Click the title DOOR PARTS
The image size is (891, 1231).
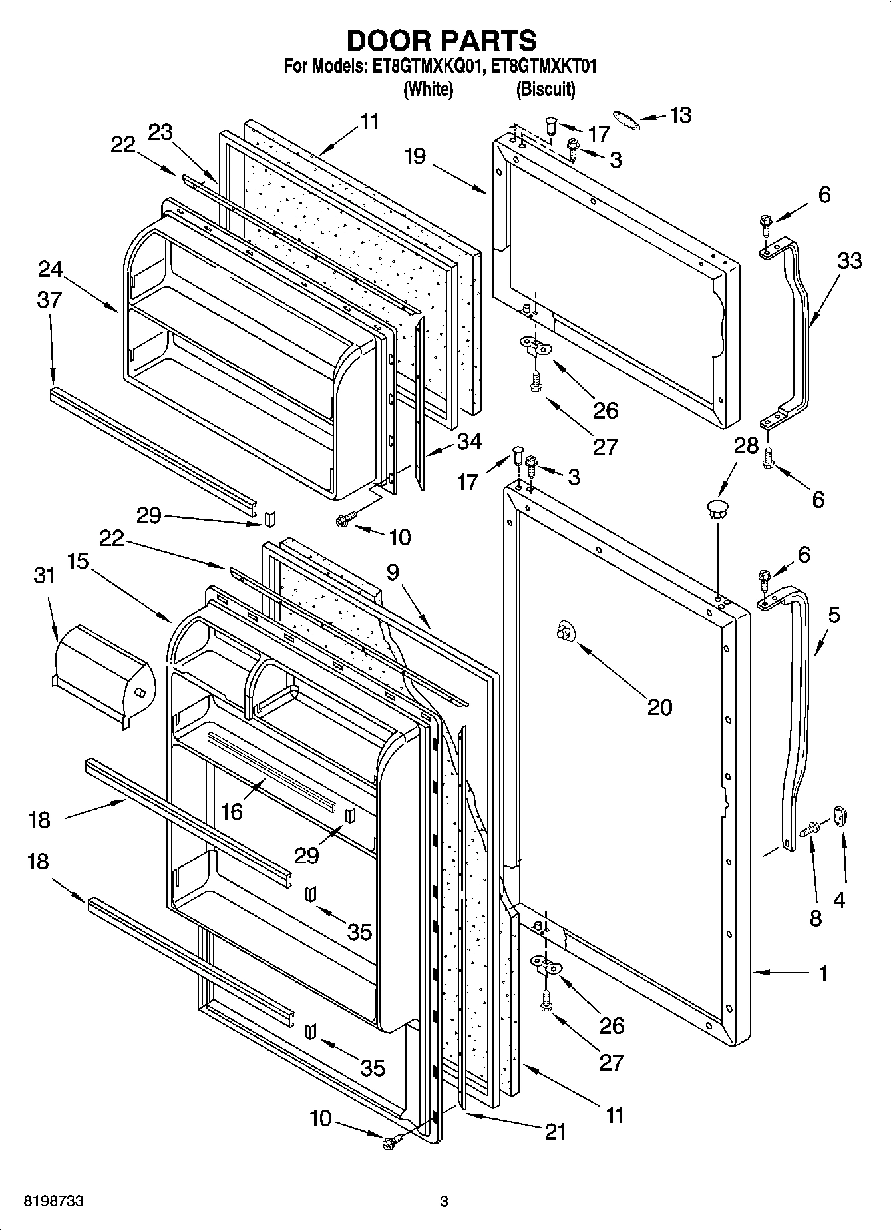click(x=441, y=41)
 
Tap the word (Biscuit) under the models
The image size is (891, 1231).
click(x=546, y=89)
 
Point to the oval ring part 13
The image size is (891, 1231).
click(x=625, y=120)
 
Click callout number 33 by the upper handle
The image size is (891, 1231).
click(x=848, y=260)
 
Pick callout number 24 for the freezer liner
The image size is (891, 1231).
click(x=51, y=270)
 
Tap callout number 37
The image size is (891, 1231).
click(x=49, y=300)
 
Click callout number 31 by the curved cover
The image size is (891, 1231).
click(x=44, y=575)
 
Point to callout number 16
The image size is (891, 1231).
click(x=232, y=811)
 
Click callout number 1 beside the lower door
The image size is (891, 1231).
click(x=823, y=974)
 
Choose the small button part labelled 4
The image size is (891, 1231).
click(x=838, y=816)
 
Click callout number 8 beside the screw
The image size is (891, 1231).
click(x=816, y=918)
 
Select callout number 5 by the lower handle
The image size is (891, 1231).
click(x=834, y=615)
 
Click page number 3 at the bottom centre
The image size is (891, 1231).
click(x=444, y=1202)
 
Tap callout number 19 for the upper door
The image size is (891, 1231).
click(x=415, y=156)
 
